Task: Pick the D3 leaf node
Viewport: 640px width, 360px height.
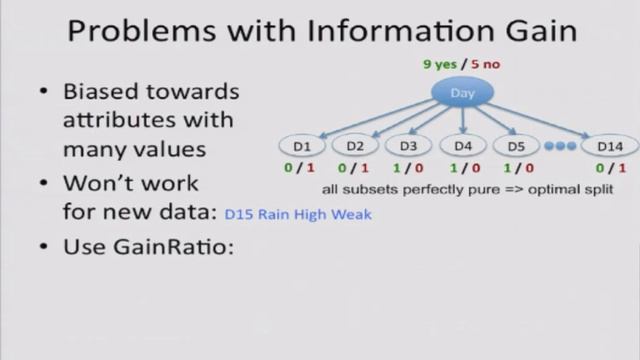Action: [408, 146]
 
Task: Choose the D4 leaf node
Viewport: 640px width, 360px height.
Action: [461, 146]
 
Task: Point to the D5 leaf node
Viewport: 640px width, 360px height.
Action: [515, 146]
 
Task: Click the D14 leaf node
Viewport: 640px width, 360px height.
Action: [610, 146]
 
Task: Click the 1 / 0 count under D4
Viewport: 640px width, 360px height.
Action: [461, 168]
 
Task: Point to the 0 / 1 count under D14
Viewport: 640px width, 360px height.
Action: [610, 168]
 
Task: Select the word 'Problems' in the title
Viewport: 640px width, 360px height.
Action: [136, 31]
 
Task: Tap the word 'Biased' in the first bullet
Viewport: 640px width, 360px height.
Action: [100, 92]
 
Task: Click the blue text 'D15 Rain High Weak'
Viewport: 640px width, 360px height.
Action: [298, 213]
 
